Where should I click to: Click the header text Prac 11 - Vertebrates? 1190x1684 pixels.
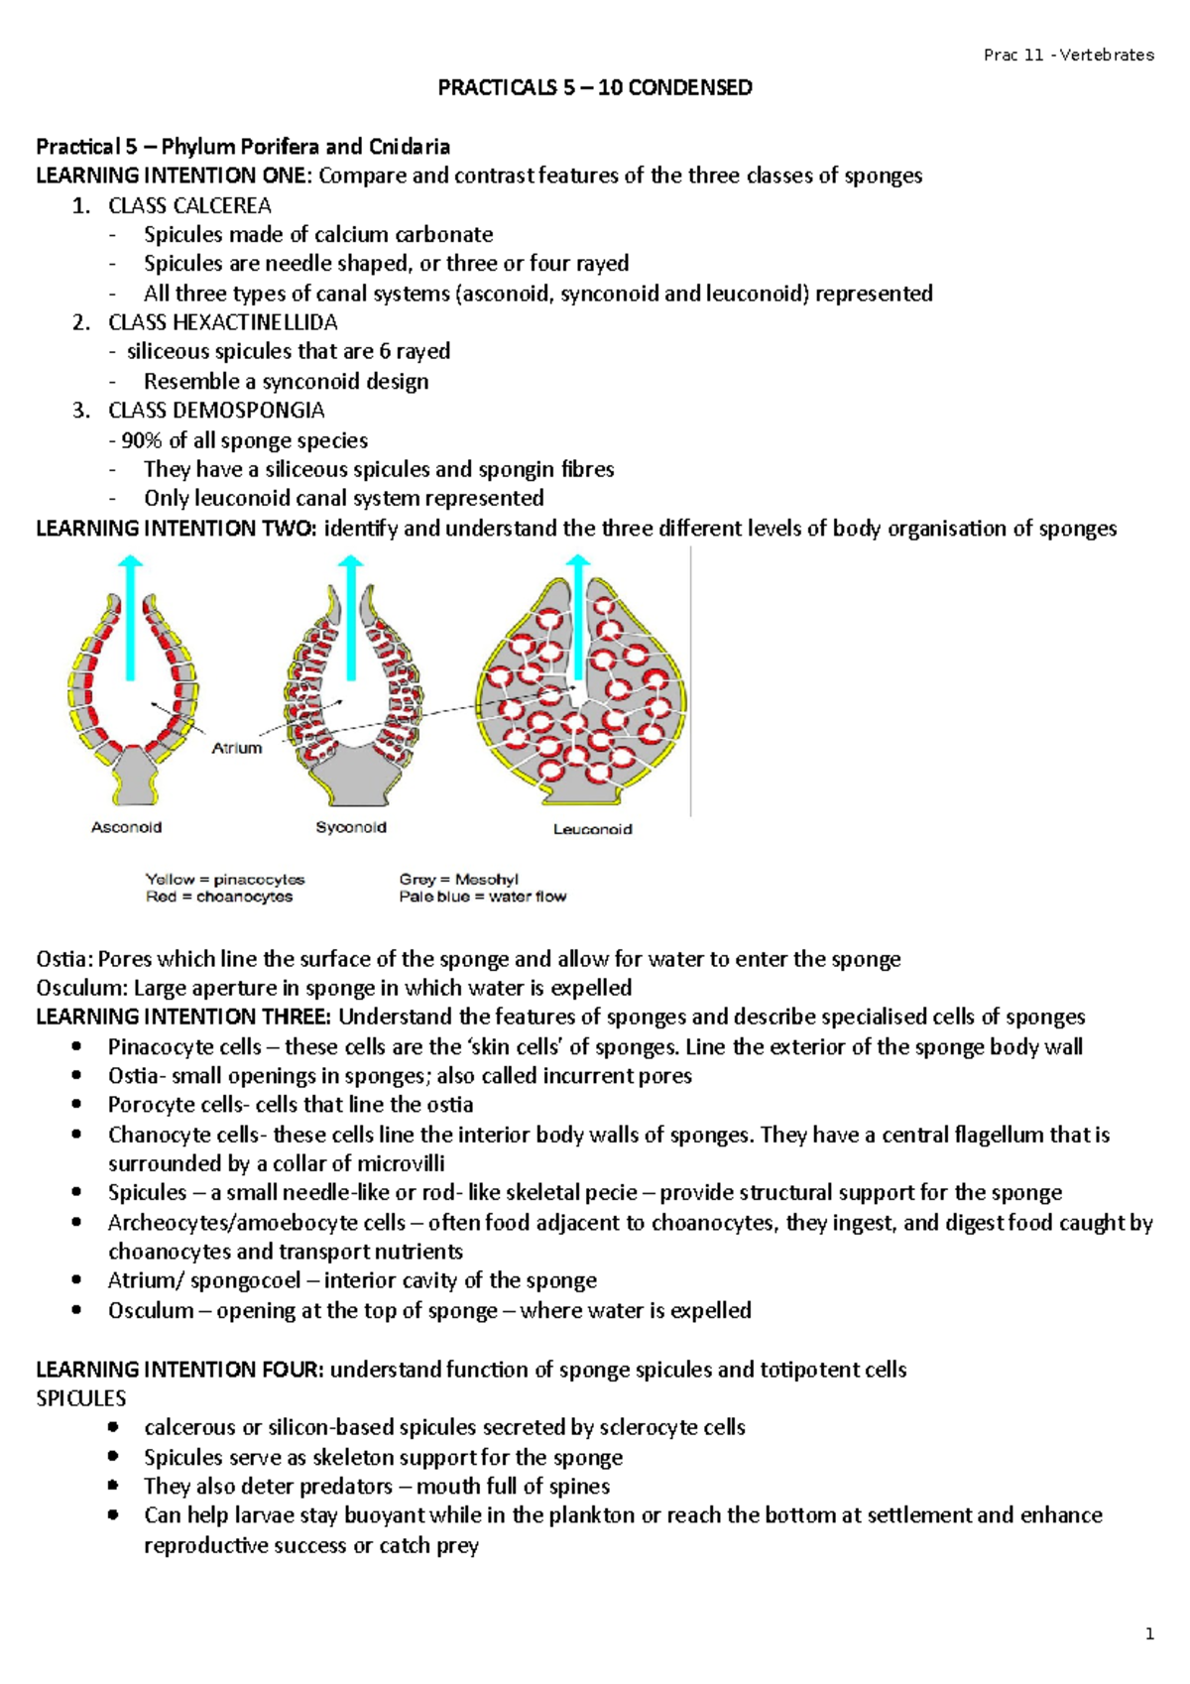pyautogui.click(x=1068, y=56)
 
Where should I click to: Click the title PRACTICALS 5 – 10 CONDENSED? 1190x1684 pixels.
pyautogui.click(x=595, y=87)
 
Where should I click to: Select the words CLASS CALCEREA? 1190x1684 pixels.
pyautogui.click(x=189, y=205)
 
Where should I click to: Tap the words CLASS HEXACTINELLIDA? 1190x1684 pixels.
pyautogui.click(x=223, y=322)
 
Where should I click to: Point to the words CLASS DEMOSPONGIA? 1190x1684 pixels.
pyautogui.click(x=216, y=410)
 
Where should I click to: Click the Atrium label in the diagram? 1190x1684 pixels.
pyautogui.click(x=237, y=748)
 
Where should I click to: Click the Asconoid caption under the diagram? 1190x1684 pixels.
pyautogui.click(x=126, y=827)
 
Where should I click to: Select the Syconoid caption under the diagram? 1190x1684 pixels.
pyautogui.click(x=351, y=827)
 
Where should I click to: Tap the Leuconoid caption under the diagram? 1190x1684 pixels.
pyautogui.click(x=592, y=829)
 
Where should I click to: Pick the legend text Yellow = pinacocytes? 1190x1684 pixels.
pyautogui.click(x=225, y=879)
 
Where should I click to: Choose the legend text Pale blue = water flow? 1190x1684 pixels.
pyautogui.click(x=483, y=897)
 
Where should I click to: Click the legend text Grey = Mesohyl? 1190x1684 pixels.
pyautogui.click(x=458, y=879)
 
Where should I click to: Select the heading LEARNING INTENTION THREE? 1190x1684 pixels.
pyautogui.click(x=183, y=1017)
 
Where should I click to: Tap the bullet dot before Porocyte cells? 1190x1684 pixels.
pyautogui.click(x=78, y=1105)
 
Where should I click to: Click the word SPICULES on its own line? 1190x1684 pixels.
pyautogui.click(x=81, y=1398)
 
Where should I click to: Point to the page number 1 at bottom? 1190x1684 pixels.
pyautogui.click(x=1149, y=1635)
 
